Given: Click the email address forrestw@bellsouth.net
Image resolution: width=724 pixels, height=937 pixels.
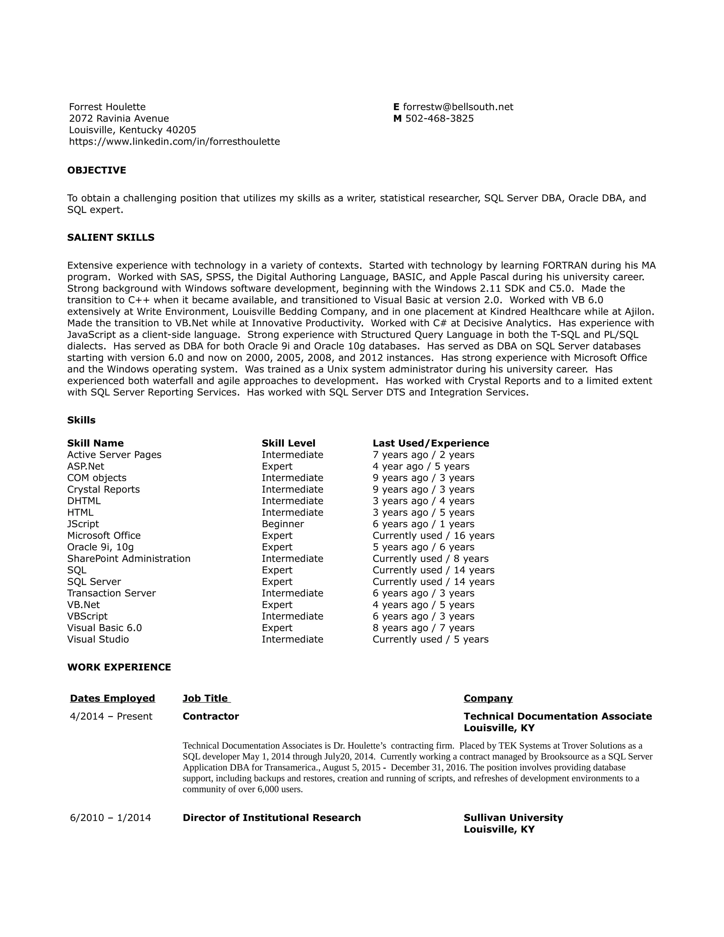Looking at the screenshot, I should click(458, 107).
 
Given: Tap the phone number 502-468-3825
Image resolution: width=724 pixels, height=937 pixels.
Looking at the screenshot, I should click(439, 118).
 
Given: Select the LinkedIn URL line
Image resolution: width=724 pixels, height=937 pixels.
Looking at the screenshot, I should click(174, 141).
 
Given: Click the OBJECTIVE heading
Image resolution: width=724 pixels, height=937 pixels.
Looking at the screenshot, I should click(97, 170).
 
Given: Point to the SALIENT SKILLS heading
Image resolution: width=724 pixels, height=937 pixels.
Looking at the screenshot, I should click(111, 238).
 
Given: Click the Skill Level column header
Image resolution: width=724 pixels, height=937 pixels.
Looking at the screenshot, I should click(288, 443).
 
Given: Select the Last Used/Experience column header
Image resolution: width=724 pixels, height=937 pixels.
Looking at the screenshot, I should click(431, 443).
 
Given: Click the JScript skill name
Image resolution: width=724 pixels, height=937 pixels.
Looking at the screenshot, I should click(83, 524).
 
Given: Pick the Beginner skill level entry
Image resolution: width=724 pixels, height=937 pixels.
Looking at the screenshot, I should click(283, 524).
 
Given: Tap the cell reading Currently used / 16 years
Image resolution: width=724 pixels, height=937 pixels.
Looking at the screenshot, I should click(433, 535).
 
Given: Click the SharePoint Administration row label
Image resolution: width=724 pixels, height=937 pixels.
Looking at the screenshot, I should click(129, 559).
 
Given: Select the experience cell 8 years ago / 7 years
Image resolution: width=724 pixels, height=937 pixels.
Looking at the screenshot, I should click(423, 628).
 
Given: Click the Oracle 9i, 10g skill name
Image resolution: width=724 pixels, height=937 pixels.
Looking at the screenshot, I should click(100, 547).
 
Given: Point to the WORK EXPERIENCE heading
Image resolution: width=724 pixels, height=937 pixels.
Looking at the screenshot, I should click(119, 667).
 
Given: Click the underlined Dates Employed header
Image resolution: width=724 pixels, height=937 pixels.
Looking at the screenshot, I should click(112, 698).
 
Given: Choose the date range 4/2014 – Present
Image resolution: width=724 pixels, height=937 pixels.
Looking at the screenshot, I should click(111, 716).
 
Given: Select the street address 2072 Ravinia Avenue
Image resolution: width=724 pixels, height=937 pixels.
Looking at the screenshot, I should click(119, 118).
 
